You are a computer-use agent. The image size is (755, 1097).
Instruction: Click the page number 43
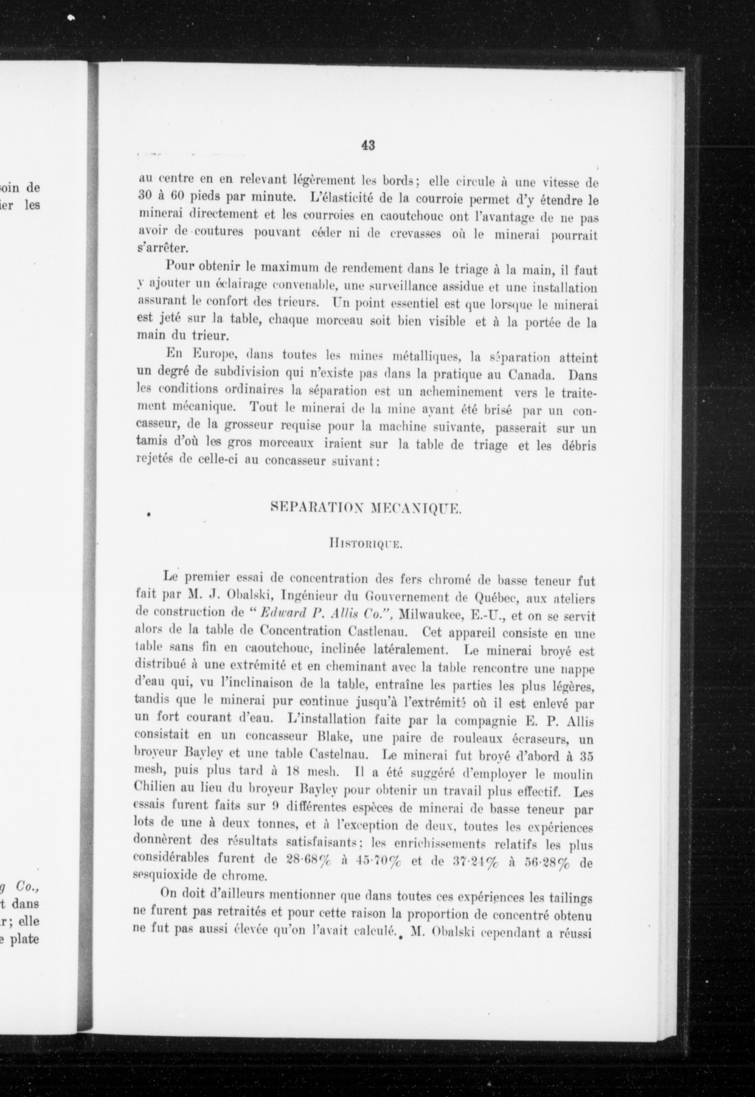[x=368, y=145]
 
